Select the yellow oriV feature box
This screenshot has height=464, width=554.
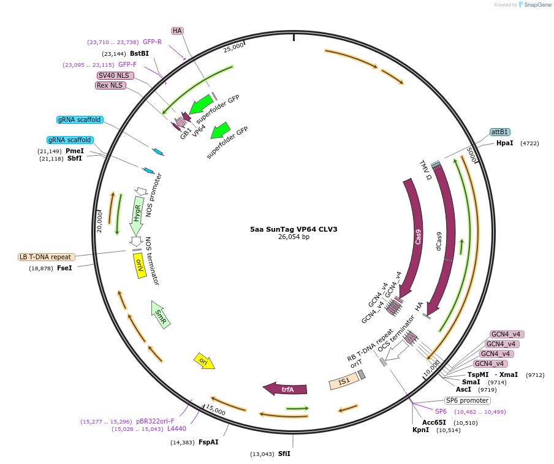(140, 265)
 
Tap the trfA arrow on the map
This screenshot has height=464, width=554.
(286, 389)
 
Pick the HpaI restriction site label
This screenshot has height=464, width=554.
(505, 143)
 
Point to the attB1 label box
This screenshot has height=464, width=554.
(499, 132)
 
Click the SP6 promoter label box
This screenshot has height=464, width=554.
(467, 400)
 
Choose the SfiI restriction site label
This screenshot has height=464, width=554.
(284, 454)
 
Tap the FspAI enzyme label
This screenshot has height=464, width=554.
(208, 442)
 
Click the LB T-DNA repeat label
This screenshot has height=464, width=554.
(47, 257)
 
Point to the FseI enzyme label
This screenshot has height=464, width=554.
(64, 268)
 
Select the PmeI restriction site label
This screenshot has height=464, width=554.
(75, 151)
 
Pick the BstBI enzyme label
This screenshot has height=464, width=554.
(139, 53)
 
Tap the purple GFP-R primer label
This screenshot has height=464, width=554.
(152, 42)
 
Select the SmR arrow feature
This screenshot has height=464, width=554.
(161, 314)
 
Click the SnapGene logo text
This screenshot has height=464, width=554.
(536, 5)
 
